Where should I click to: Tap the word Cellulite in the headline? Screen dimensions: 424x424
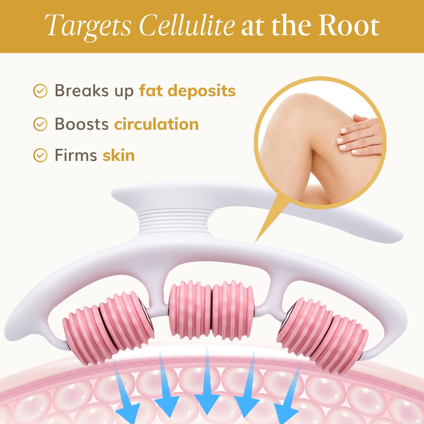click(187, 26)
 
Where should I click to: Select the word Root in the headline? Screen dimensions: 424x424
click(349, 26)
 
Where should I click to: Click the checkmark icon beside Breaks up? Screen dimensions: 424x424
click(40, 91)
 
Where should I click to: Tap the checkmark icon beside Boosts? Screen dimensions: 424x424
click(40, 124)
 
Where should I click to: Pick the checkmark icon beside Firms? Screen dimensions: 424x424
click(40, 155)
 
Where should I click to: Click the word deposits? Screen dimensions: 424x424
click(202, 91)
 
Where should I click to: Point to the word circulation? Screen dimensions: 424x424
click(156, 124)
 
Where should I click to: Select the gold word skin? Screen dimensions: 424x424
click(119, 155)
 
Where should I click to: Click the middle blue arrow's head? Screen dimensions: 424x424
click(207, 403)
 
